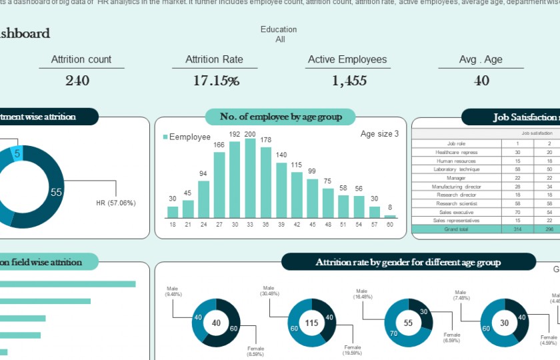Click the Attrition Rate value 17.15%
[216, 81]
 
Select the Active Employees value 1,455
[349, 81]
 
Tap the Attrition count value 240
[77, 81]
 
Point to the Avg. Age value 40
[481, 81]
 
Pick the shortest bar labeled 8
[390, 216]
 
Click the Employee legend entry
[187, 137]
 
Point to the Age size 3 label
[379, 133]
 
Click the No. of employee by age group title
[281, 117]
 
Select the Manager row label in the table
[456, 178]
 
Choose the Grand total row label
[456, 229]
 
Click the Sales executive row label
[456, 212]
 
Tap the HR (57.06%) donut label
[116, 203]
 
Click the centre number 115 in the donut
[312, 323]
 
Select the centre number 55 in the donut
[409, 323]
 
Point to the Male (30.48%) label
[271, 291]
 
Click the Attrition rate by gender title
[408, 262]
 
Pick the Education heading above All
[279, 29]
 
